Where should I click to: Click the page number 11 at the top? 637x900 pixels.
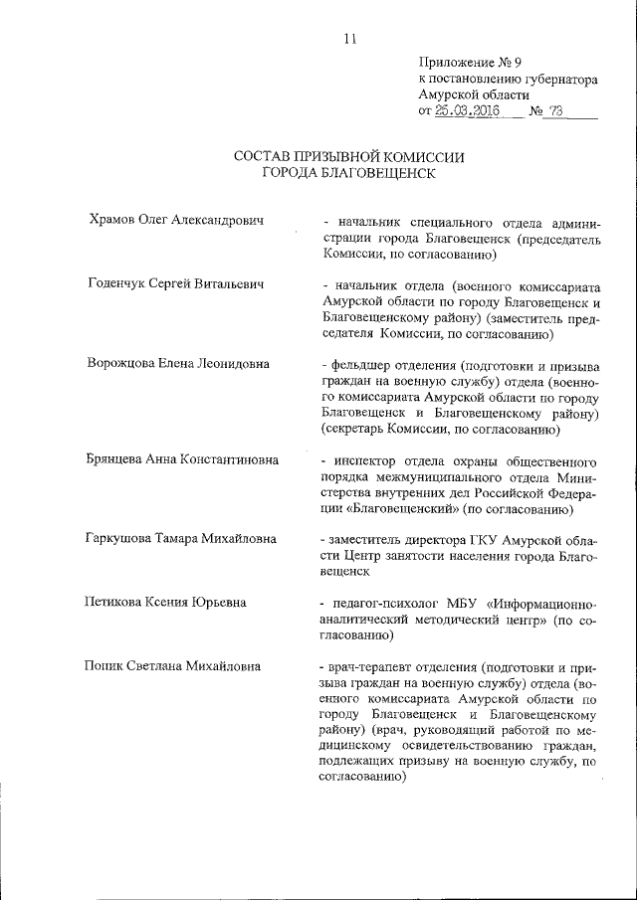(348, 39)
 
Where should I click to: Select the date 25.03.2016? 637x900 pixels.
(466, 110)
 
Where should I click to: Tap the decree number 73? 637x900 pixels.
(554, 110)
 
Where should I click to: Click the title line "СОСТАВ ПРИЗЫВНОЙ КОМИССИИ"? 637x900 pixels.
(348, 156)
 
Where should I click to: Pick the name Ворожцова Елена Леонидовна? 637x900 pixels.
(178, 364)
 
